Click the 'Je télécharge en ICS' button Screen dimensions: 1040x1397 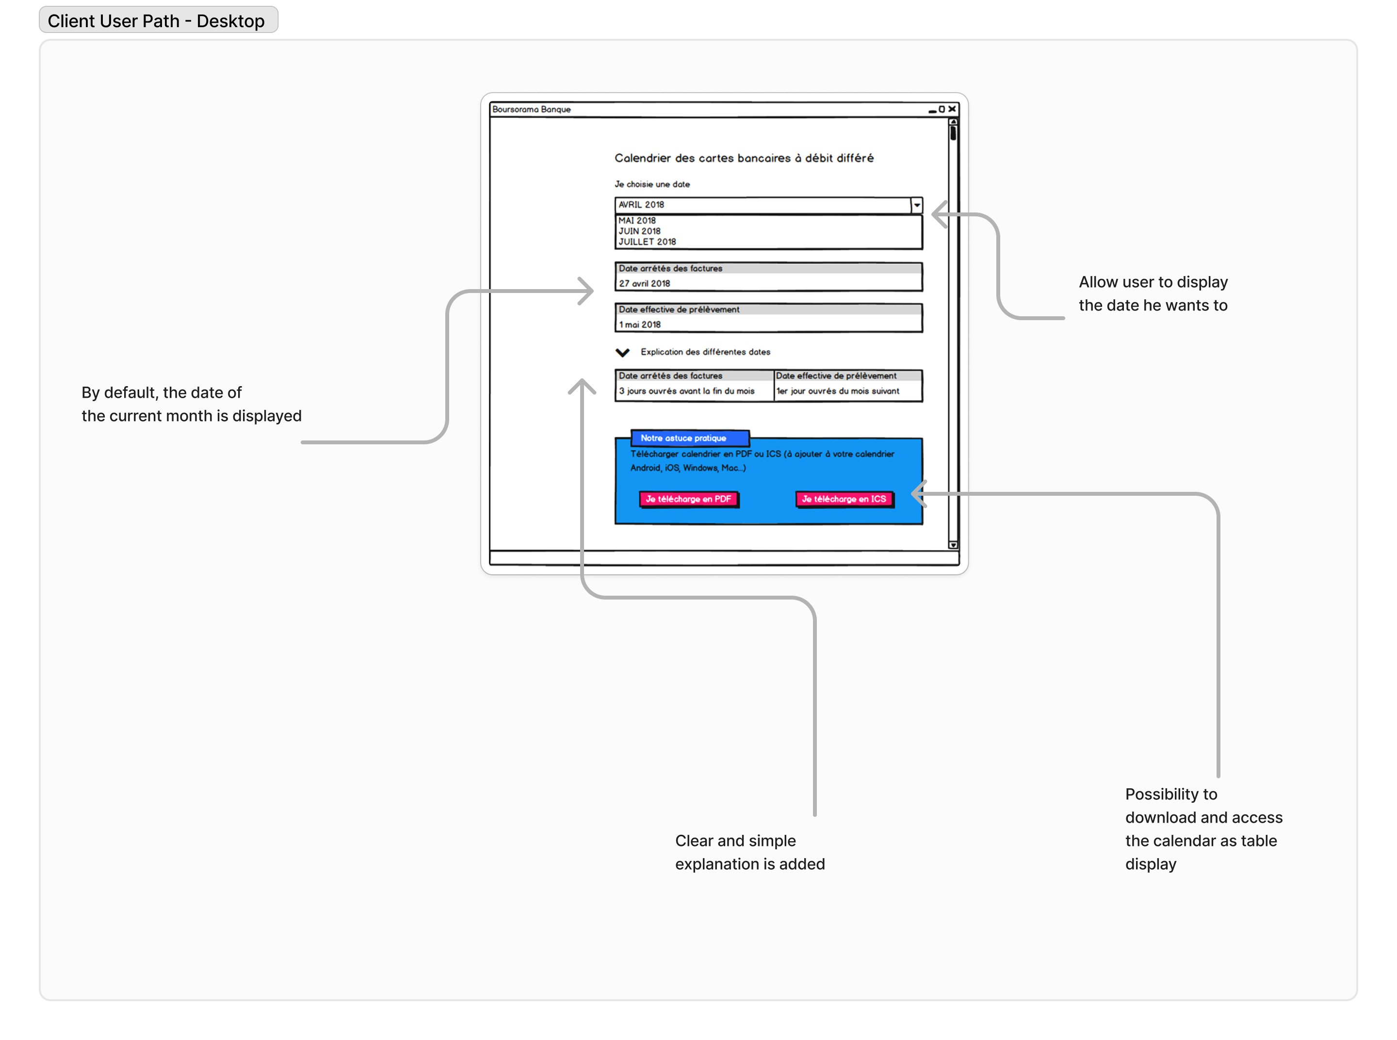[x=844, y=499]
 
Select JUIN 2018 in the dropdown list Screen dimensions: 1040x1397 [x=639, y=231]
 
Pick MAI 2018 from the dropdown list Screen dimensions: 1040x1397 [x=636, y=220]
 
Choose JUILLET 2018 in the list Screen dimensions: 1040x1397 [x=647, y=242]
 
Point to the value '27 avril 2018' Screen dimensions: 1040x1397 [x=644, y=283]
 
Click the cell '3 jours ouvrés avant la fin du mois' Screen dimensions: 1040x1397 [x=686, y=391]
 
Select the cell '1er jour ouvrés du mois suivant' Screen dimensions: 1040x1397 [x=838, y=391]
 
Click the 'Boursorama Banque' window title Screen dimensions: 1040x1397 [x=531, y=109]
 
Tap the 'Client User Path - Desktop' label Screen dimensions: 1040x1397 [x=156, y=21]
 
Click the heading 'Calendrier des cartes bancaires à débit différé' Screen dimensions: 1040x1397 [x=744, y=158]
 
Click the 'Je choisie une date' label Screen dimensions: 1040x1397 [x=651, y=184]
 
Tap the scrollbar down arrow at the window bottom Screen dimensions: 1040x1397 [x=953, y=545]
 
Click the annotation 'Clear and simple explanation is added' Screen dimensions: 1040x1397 [x=749, y=852]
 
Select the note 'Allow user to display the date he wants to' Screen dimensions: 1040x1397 [x=1153, y=293]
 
